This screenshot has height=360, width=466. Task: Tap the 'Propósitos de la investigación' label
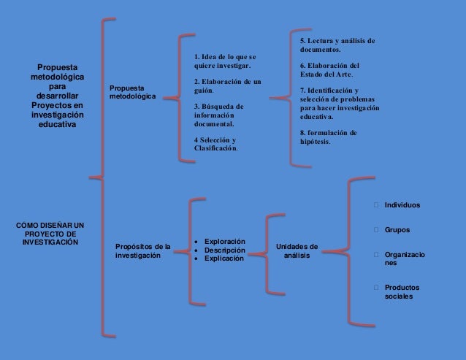point(142,251)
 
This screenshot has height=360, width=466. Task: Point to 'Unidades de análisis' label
point(297,251)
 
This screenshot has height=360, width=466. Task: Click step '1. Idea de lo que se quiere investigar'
point(225,61)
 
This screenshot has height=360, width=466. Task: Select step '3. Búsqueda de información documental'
point(219,115)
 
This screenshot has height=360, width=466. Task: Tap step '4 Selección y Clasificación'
point(216,143)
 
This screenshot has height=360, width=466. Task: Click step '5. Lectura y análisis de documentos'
point(337,45)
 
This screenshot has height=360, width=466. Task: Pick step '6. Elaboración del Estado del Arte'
point(329,69)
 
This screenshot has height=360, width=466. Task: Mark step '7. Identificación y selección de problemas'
point(339,103)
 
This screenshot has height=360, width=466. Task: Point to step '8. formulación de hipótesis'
point(328,137)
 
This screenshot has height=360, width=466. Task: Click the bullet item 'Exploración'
point(224,241)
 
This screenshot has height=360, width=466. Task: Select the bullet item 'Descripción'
point(224,250)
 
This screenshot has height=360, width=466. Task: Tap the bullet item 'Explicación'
point(224,258)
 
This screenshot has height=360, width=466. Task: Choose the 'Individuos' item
point(402,205)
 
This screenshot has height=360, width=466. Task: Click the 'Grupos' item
point(397,230)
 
